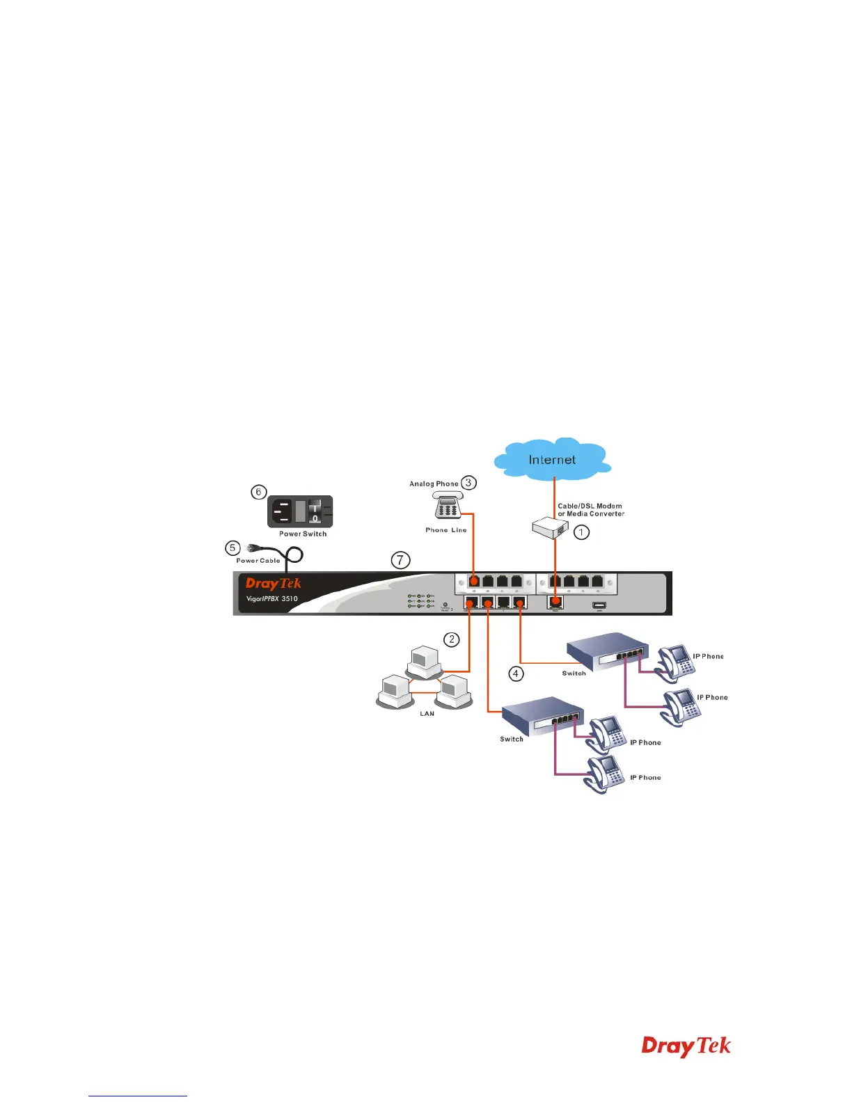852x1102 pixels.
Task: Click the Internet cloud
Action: click(552, 459)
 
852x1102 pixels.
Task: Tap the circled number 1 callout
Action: click(581, 532)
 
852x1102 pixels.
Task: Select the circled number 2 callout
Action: click(452, 639)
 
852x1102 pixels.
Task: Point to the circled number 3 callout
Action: click(468, 482)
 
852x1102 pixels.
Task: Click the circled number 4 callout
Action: click(516, 673)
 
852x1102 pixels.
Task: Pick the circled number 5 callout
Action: click(233, 548)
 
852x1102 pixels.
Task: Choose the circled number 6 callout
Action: click(258, 492)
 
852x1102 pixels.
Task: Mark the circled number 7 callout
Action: click(400, 559)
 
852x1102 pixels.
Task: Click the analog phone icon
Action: click(448, 506)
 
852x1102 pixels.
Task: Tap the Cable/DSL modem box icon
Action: click(551, 528)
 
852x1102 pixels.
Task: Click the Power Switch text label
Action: click(303, 534)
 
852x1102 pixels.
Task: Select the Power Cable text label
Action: click(258, 560)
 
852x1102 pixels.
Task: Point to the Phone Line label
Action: click(446, 530)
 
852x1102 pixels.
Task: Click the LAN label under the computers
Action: click(427, 713)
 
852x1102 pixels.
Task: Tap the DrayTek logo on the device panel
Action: click(274, 584)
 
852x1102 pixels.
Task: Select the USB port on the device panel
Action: click(599, 605)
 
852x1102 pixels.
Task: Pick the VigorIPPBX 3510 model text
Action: click(272, 598)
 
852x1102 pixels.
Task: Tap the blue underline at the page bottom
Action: click(138, 1096)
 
